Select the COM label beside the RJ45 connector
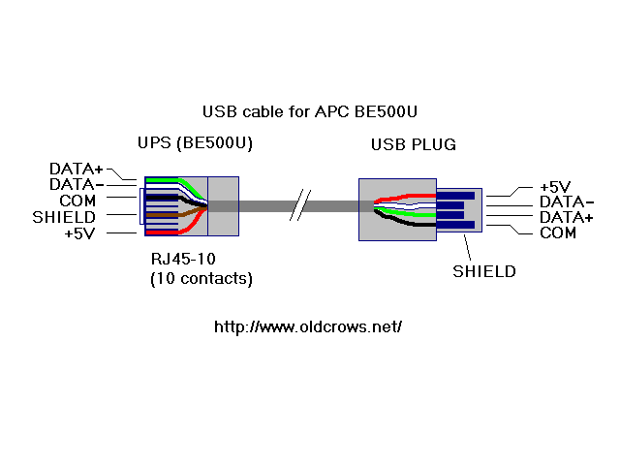pos(77,200)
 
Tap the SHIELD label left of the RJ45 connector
pos(64,216)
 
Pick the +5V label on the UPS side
pos(82,232)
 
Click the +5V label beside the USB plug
pos(555,187)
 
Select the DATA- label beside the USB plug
pos(566,202)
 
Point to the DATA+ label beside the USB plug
pos(566,218)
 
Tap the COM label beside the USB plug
pos(557,233)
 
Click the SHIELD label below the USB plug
pos(484,271)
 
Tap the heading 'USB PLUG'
pos(414,145)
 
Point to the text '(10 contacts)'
pos(201,279)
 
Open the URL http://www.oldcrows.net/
pos(307,326)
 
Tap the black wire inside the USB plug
pos(412,224)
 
